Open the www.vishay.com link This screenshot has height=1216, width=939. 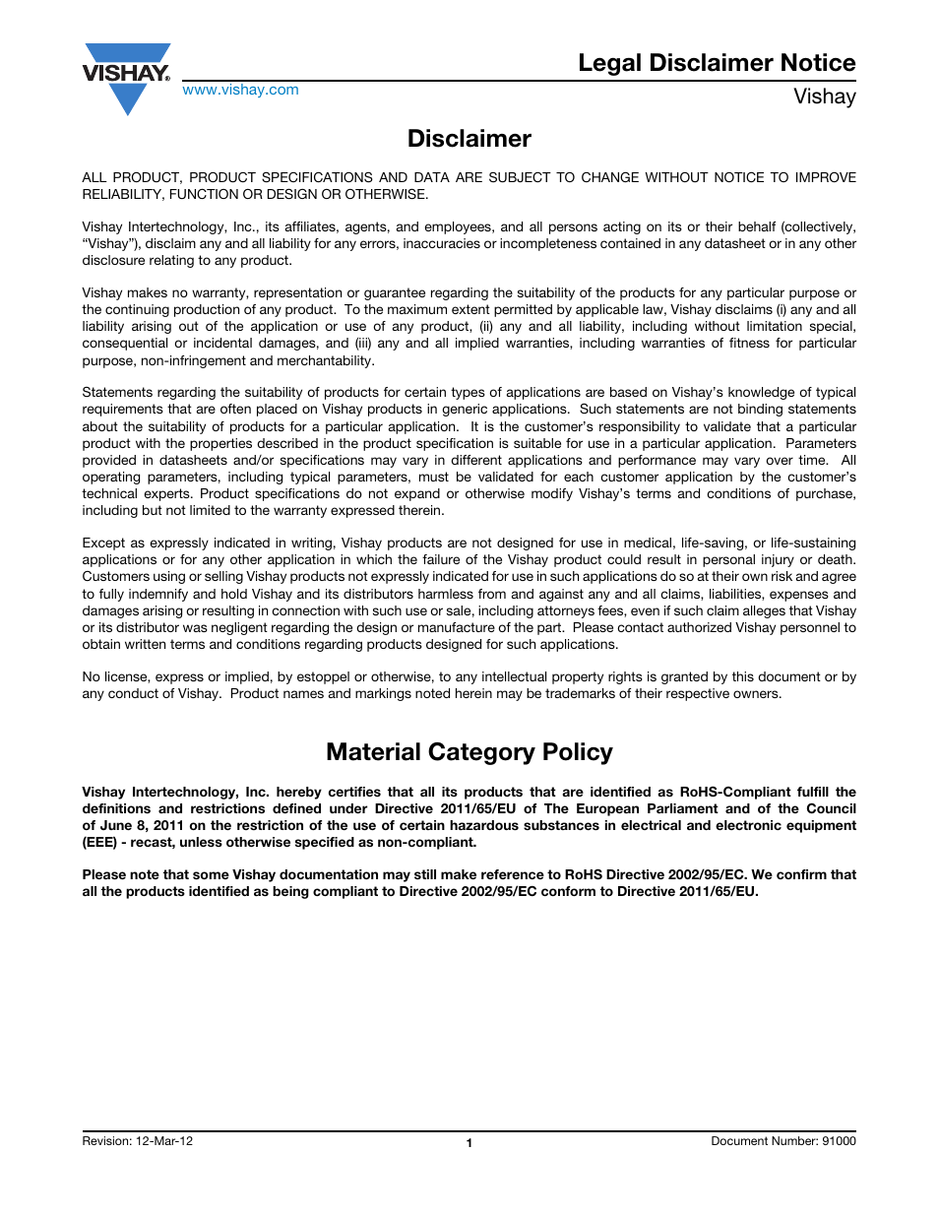[x=240, y=90]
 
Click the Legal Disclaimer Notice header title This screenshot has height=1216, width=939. [x=716, y=63]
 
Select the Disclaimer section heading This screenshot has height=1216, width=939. [x=469, y=139]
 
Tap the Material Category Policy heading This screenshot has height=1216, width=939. [x=469, y=752]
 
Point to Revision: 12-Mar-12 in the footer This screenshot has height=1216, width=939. [x=138, y=1141]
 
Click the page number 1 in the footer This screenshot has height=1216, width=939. [x=469, y=1143]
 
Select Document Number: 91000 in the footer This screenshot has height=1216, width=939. [x=782, y=1141]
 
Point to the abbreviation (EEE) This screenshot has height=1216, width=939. [x=99, y=843]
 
